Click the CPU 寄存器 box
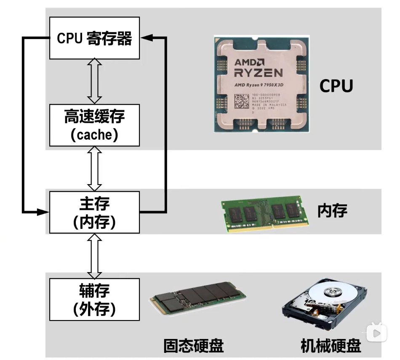pos(94,38)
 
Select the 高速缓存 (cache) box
pos(94,124)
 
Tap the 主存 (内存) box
pos(94,212)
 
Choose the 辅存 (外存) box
pos(94,299)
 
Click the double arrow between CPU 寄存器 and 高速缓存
pos(94,81)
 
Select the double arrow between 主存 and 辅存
pos(94,255)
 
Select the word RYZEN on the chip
pos(258,73)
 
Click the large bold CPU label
pos(336,85)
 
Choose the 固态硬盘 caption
pos(193,346)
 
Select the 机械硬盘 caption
pos(331,346)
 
